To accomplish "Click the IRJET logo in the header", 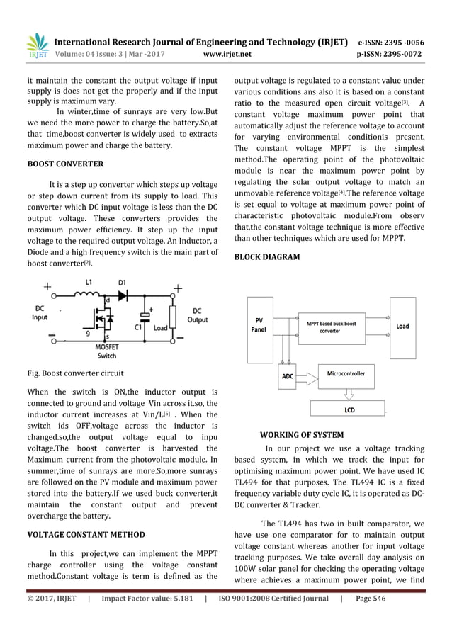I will tap(36, 45).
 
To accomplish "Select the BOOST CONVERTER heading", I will tap(65, 164).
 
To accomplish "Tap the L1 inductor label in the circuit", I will tap(89, 283).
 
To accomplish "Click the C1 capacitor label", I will tap(139, 327).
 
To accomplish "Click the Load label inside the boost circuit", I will tap(161, 328).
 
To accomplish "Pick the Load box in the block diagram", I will tap(402, 327).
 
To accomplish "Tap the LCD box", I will tap(349, 409).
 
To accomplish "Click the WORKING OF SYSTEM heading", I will tap(302, 435).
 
